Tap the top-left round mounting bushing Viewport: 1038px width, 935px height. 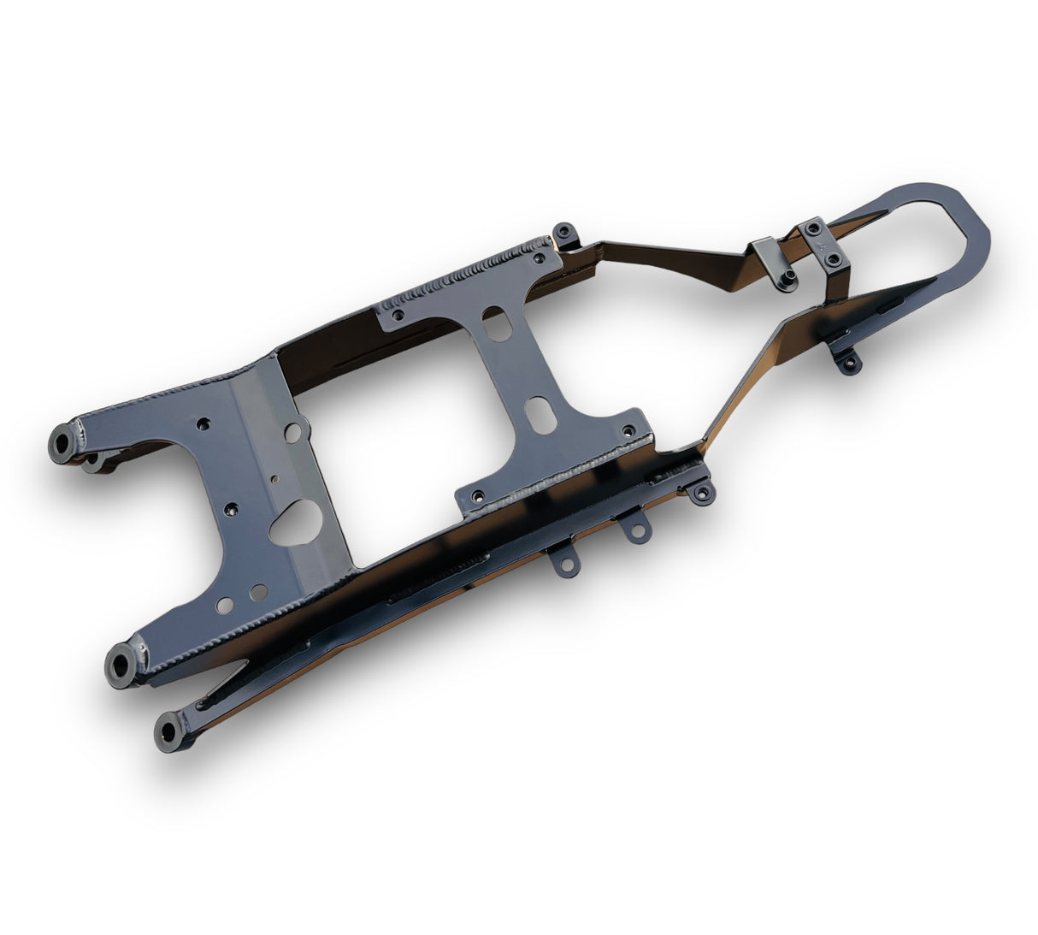tap(63, 445)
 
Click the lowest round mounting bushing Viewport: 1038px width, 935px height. tap(168, 734)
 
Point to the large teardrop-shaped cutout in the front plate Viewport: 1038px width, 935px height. tap(296, 522)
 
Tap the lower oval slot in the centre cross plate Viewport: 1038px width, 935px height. tap(540, 414)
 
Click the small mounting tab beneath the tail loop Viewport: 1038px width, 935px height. tap(846, 363)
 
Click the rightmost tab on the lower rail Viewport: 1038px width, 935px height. tap(700, 491)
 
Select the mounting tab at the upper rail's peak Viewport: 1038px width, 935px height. tap(565, 234)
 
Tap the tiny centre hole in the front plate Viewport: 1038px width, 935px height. tap(274, 480)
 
